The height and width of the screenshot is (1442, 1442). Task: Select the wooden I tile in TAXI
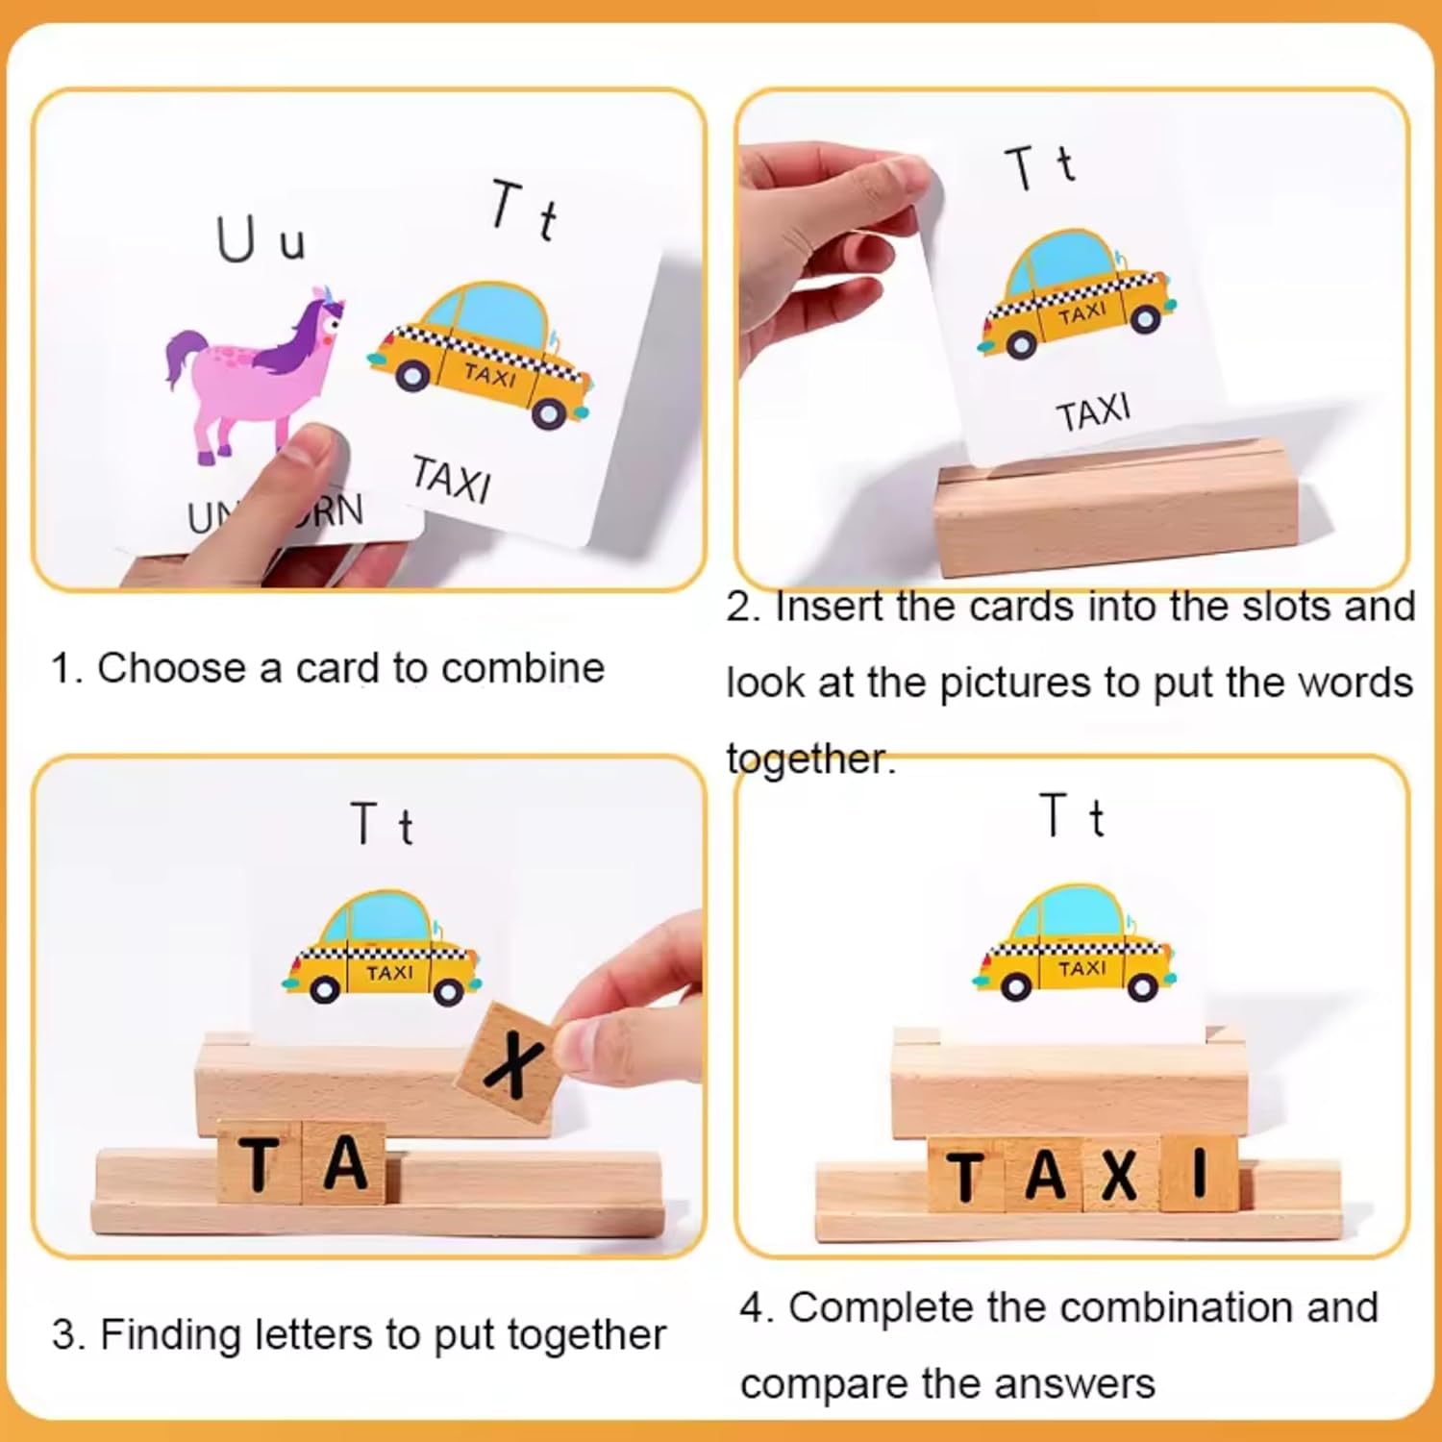click(1199, 1173)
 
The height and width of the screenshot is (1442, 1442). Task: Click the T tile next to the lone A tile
click(261, 1163)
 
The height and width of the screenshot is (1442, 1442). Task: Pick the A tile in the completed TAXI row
click(1044, 1175)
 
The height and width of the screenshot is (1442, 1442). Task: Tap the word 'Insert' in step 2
click(829, 608)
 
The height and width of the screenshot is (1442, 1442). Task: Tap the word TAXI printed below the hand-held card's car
click(1094, 412)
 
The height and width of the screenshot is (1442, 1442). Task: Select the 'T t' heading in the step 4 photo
click(1072, 817)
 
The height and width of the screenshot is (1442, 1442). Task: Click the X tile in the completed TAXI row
click(1121, 1175)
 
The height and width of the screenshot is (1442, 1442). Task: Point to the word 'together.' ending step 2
click(810, 760)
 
